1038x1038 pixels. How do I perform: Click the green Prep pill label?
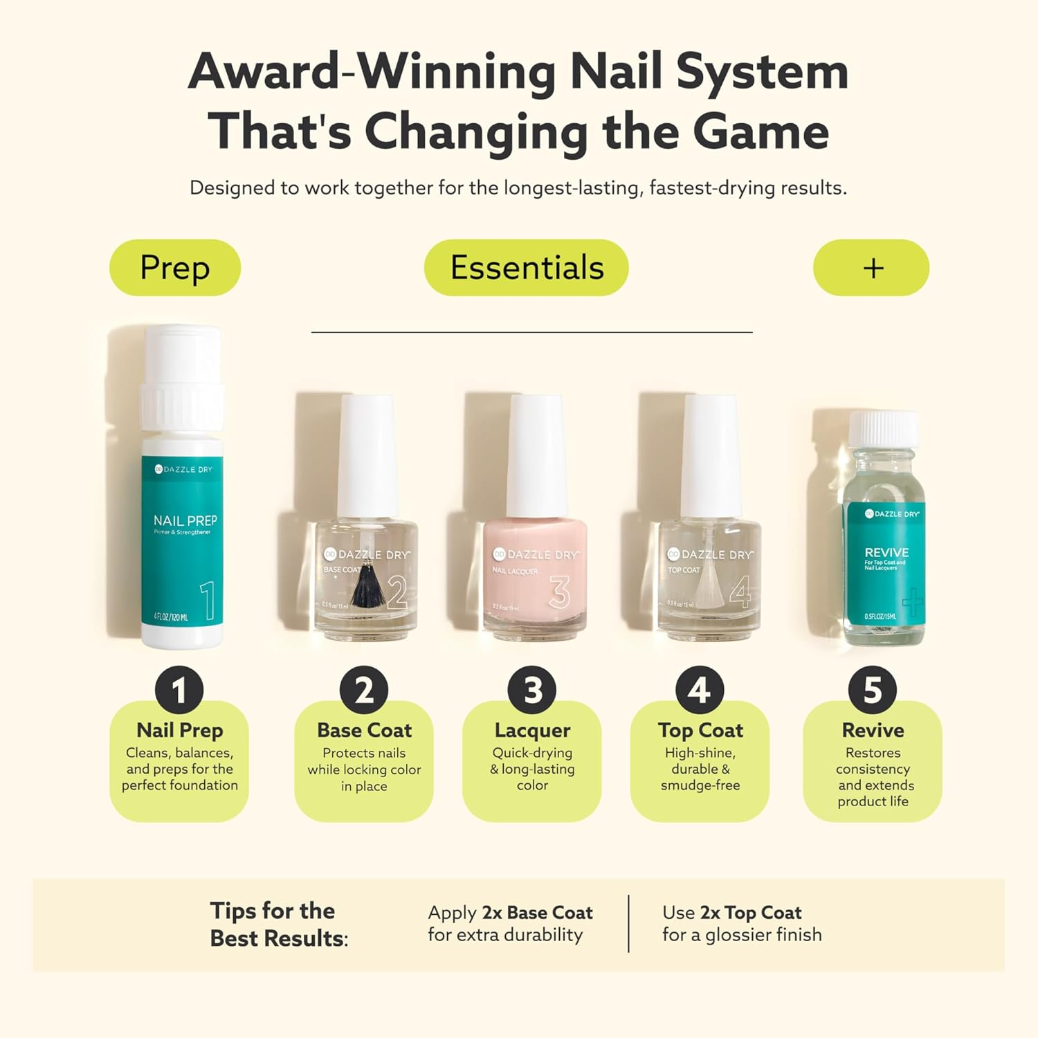click(175, 268)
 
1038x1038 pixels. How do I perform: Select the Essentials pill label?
click(526, 268)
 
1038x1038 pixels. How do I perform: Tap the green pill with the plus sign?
click(871, 268)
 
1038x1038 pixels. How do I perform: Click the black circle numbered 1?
click(179, 690)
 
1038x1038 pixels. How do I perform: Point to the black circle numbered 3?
click(531, 690)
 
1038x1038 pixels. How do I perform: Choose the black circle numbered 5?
click(873, 690)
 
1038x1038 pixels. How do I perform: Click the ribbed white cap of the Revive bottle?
click(884, 429)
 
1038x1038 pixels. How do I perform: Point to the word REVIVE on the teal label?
click(886, 552)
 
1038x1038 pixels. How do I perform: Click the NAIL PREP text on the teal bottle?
click(185, 520)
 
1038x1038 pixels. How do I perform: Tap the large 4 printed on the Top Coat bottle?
click(740, 592)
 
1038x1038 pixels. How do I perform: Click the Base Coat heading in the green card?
click(364, 730)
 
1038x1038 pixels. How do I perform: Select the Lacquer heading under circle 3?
click(532, 730)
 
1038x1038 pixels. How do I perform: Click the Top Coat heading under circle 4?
click(700, 730)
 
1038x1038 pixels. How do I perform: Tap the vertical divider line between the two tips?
click(628, 924)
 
